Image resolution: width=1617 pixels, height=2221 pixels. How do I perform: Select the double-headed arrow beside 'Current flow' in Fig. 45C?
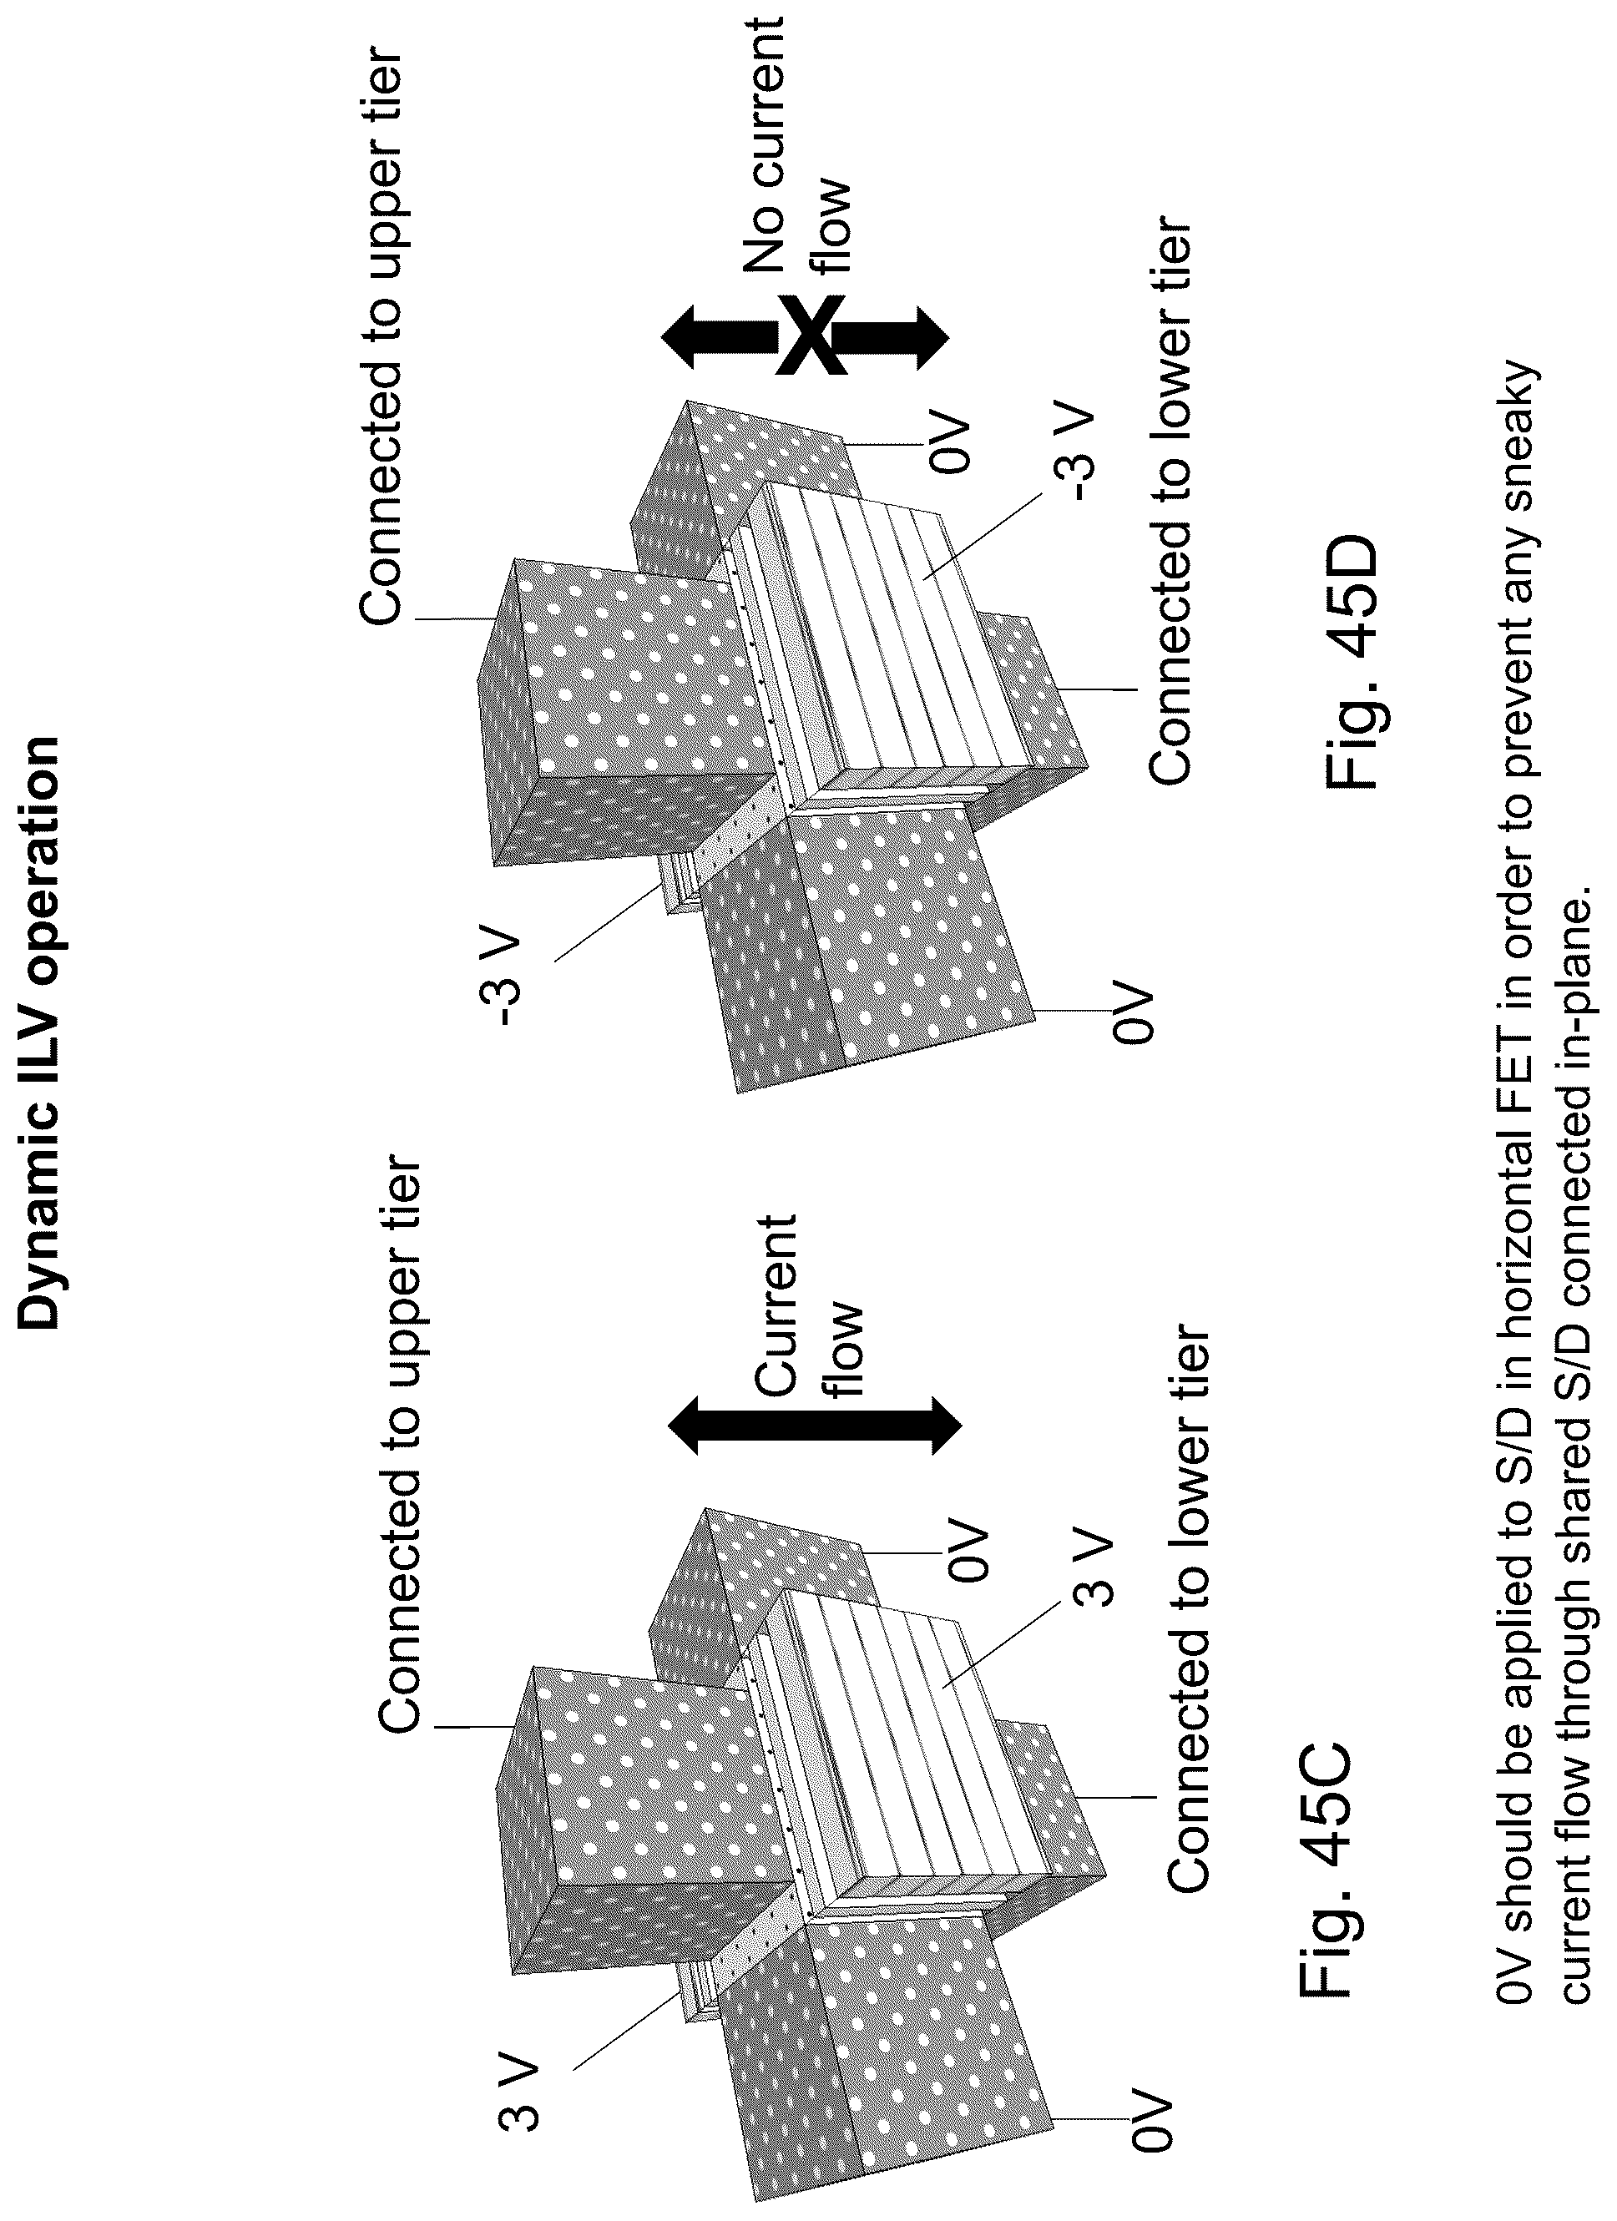(815, 1425)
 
